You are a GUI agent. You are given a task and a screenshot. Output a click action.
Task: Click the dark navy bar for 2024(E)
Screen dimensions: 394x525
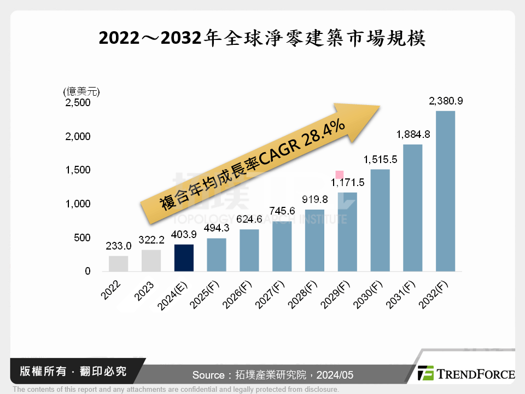184,258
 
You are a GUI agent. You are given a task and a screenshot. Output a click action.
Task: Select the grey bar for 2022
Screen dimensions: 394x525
118,263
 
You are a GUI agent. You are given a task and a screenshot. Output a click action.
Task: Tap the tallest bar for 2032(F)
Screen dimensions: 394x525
445,191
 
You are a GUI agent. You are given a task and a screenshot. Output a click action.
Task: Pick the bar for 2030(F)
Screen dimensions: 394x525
380,220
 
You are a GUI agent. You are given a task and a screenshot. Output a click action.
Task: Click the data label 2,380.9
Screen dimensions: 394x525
446,101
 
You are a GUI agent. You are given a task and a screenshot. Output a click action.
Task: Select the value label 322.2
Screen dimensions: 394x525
151,240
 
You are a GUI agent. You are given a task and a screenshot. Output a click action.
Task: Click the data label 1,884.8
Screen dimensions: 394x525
413,134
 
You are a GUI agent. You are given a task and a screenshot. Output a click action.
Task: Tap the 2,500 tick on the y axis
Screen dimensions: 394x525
79,102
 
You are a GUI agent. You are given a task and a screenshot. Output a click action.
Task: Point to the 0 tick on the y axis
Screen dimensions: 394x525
87,271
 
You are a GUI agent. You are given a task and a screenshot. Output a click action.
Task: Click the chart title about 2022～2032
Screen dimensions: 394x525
262,39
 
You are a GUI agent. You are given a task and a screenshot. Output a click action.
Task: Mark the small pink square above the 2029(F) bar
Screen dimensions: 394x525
340,175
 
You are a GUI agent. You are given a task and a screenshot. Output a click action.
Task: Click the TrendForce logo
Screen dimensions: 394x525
465,374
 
